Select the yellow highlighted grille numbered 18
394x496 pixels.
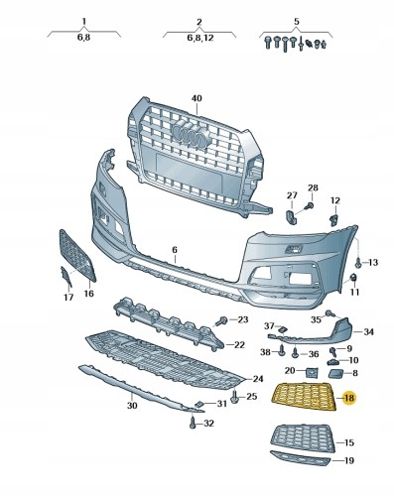(x=304, y=396)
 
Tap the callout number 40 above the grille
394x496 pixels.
(x=197, y=98)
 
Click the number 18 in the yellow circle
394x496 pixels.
(x=349, y=398)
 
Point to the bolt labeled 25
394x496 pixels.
(x=235, y=397)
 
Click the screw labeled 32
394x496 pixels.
(x=193, y=423)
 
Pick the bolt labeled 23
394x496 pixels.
(x=221, y=320)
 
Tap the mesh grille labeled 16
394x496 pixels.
(x=77, y=256)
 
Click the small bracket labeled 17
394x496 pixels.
(x=66, y=276)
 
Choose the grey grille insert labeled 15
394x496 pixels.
(x=303, y=438)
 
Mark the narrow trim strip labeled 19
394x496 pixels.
(x=300, y=458)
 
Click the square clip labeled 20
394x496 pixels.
(x=311, y=372)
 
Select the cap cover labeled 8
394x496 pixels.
(x=336, y=373)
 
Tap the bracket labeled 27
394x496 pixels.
(x=290, y=216)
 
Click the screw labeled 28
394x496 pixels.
(x=309, y=205)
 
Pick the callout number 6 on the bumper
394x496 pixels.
(x=175, y=250)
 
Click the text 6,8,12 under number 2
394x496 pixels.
(x=200, y=38)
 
